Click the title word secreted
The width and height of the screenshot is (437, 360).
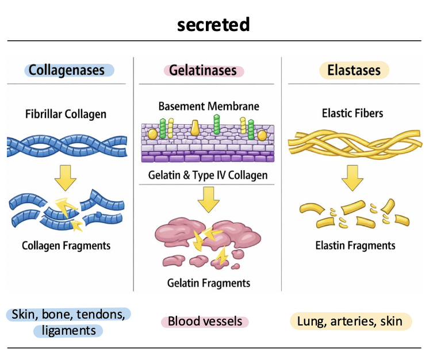pyautogui.click(x=213, y=25)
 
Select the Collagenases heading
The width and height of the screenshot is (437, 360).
pyautogui.click(x=67, y=70)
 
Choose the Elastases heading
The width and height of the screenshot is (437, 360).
pyautogui.click(x=354, y=70)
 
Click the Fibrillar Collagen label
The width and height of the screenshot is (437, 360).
pyautogui.click(x=66, y=114)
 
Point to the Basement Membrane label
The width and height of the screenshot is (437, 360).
pyautogui.click(x=209, y=106)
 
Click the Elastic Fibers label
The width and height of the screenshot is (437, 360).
pyautogui.click(x=352, y=113)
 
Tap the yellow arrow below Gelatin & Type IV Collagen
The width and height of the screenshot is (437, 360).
pyautogui.click(x=208, y=200)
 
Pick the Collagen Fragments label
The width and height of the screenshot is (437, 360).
pyautogui.click(x=66, y=246)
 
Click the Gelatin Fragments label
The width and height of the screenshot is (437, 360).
pyautogui.click(x=209, y=283)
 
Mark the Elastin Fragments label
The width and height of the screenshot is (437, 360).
pyautogui.click(x=355, y=246)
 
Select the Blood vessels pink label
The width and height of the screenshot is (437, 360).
pyautogui.click(x=205, y=321)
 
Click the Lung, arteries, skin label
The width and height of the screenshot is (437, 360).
pyautogui.click(x=350, y=321)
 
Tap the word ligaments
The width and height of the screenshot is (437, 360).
pyautogui.click(x=68, y=331)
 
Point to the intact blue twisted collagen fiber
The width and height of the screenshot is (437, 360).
pyautogui.click(x=67, y=146)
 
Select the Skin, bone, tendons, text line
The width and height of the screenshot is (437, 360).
pyautogui.click(x=68, y=314)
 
